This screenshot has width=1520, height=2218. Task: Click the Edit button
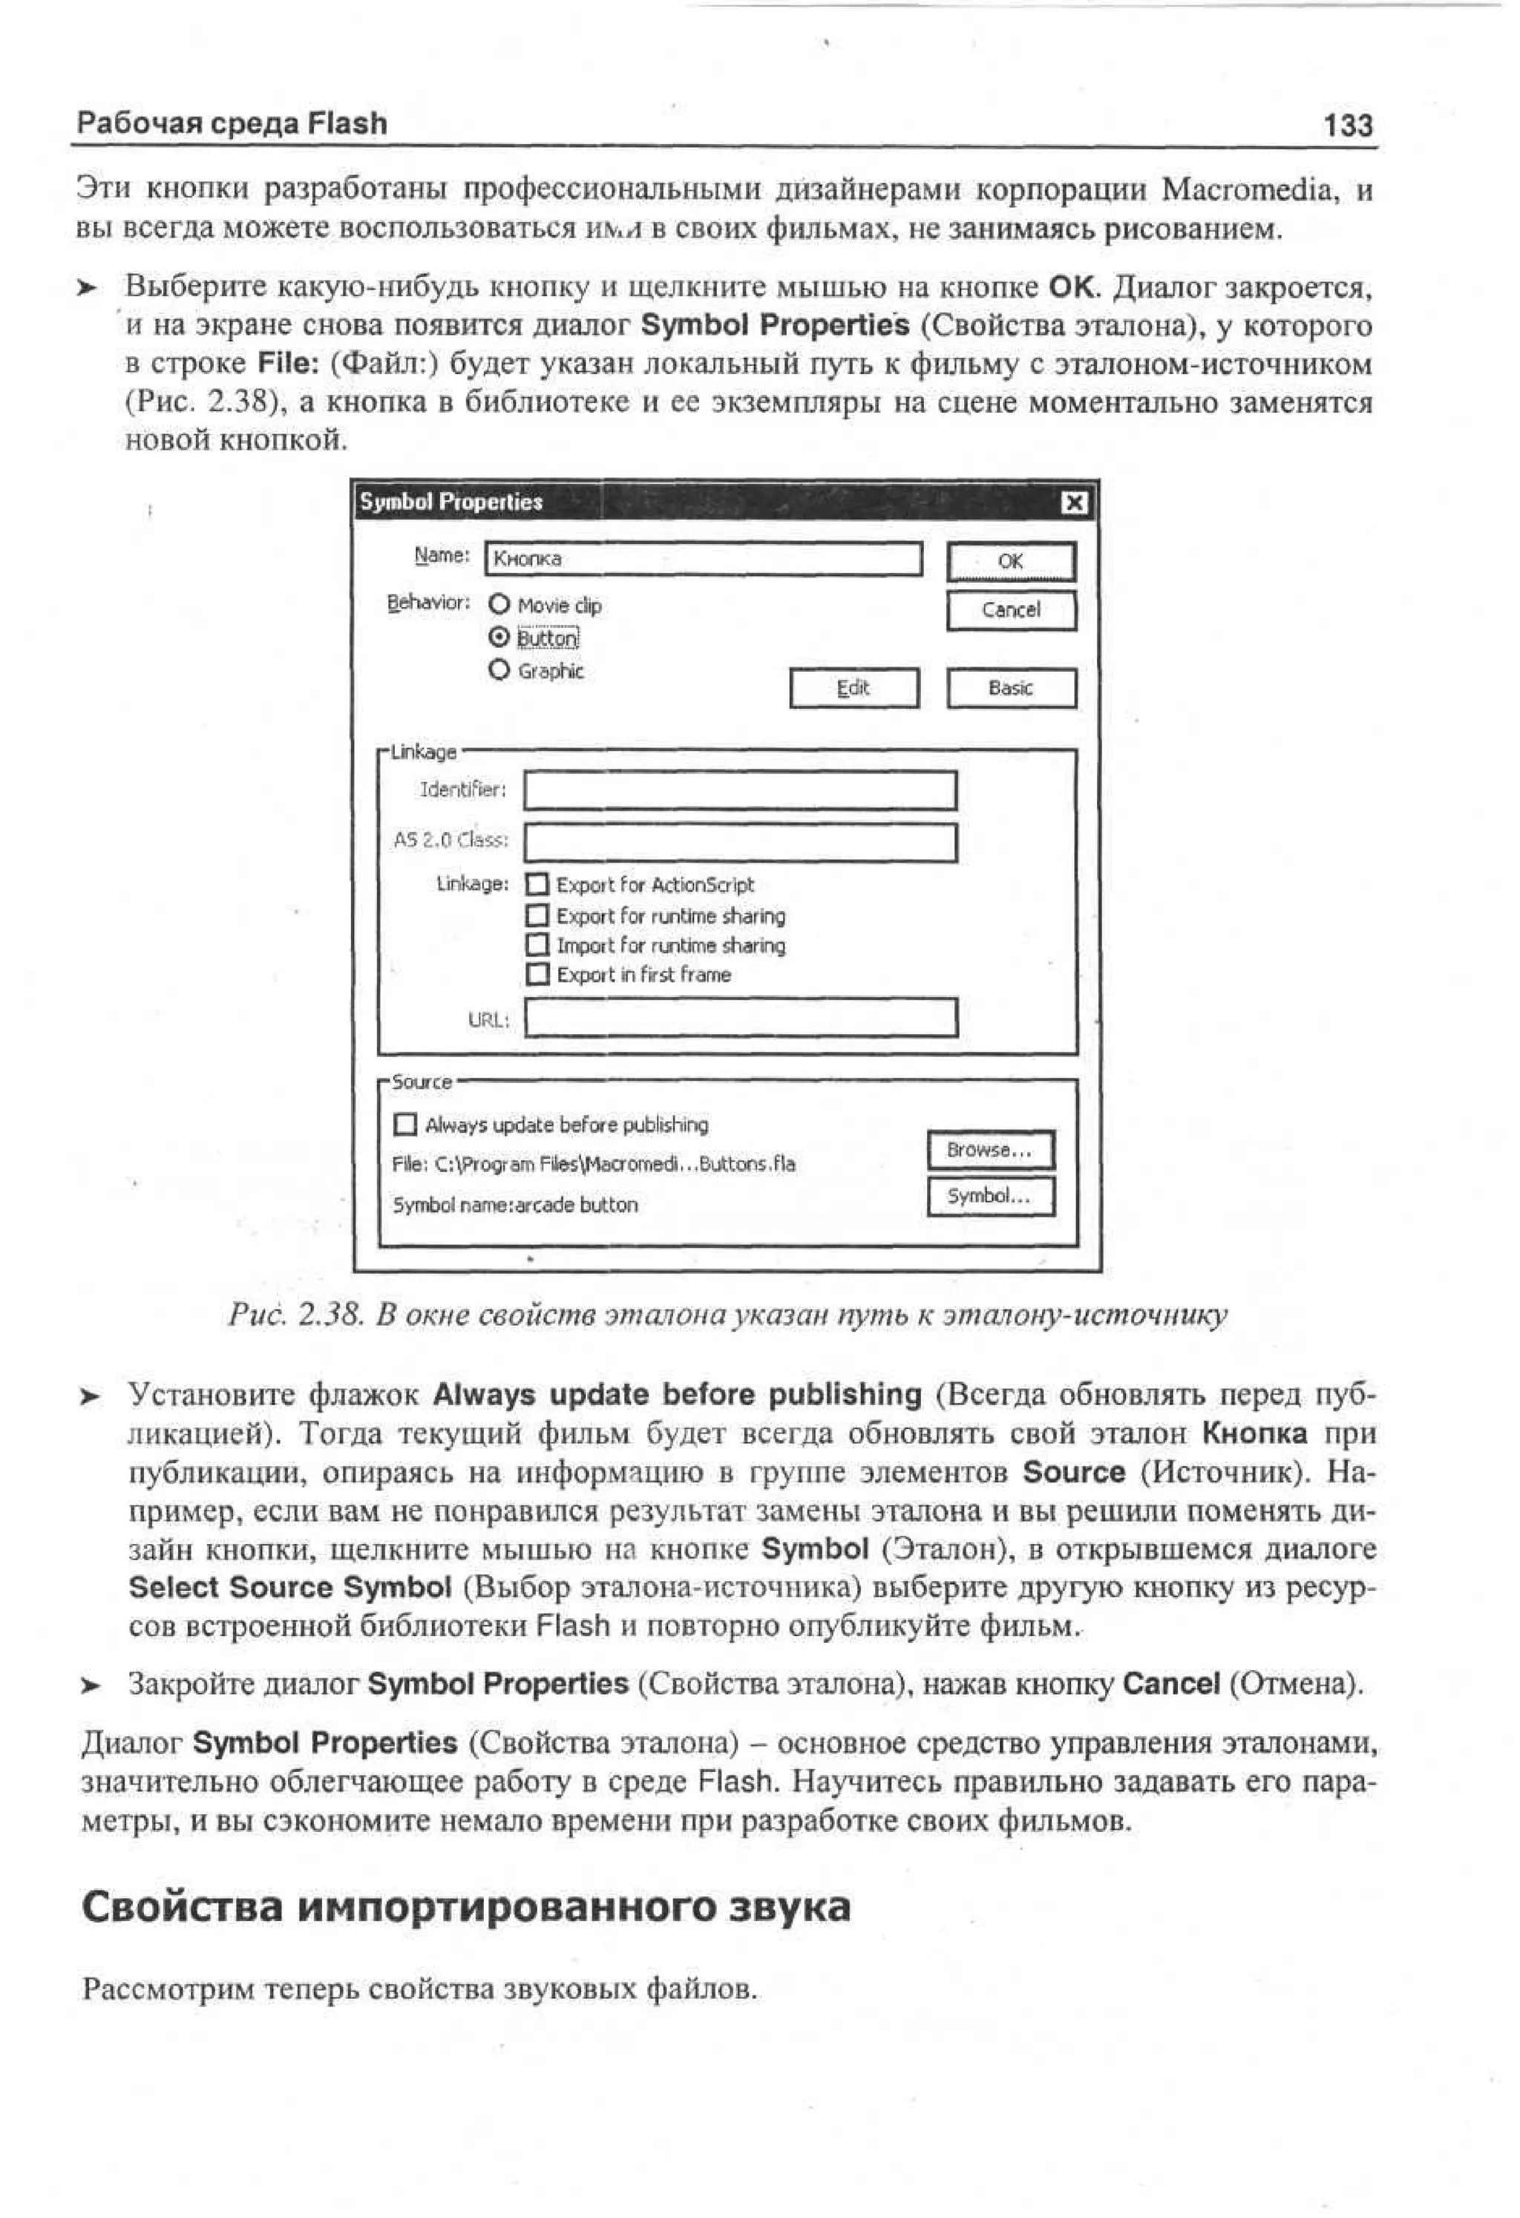pyautogui.click(x=854, y=688)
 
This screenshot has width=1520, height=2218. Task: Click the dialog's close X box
pyautogui.click(x=1075, y=503)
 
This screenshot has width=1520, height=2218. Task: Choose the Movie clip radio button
pyautogui.click(x=499, y=605)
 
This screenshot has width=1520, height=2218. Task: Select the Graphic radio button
pyautogui.click(x=499, y=670)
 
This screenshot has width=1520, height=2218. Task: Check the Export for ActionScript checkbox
pyautogui.click(x=538, y=885)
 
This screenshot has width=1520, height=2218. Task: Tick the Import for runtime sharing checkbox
pyautogui.click(x=538, y=945)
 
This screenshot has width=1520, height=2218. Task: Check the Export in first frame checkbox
pyautogui.click(x=538, y=975)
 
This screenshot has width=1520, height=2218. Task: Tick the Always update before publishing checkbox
pyautogui.click(x=405, y=1125)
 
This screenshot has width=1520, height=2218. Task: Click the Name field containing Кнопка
pyautogui.click(x=704, y=559)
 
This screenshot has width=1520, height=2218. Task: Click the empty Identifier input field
pyautogui.click(x=741, y=791)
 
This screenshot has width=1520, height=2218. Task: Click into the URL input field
pyautogui.click(x=741, y=1018)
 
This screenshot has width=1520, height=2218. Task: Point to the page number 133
pyautogui.click(x=1347, y=125)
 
